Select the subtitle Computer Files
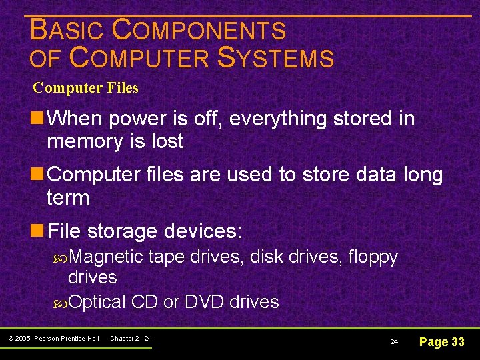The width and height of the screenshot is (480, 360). (85, 87)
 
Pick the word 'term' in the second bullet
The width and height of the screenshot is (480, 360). (68, 198)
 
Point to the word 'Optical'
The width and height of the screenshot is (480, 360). (97, 302)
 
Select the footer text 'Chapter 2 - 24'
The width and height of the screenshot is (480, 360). (131, 339)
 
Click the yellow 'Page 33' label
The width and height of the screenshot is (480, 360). (441, 342)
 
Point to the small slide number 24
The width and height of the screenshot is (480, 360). (394, 342)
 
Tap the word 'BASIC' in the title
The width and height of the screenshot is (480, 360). (67, 30)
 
